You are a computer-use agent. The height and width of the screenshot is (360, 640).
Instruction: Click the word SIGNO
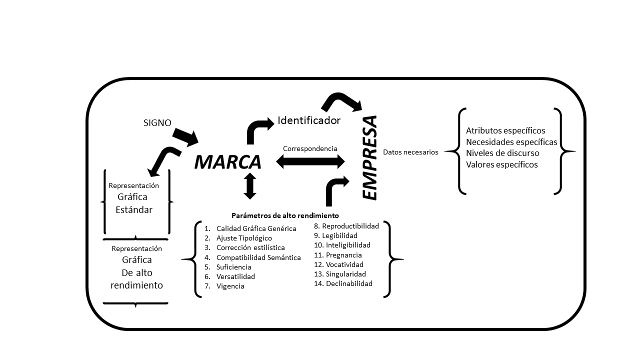(157, 122)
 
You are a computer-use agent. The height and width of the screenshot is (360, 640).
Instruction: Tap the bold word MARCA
(227, 162)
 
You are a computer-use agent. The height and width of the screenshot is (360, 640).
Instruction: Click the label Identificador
(309, 120)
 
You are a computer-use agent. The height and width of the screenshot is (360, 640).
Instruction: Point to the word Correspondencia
(310, 148)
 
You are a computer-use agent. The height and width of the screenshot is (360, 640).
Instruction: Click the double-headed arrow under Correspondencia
(310, 161)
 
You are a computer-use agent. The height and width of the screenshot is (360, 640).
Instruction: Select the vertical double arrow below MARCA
(250, 186)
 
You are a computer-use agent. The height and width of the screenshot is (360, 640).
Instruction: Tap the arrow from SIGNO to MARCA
(186, 136)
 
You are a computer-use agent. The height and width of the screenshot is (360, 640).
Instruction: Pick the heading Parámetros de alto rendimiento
(285, 215)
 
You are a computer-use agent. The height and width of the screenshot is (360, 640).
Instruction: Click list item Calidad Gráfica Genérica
(256, 228)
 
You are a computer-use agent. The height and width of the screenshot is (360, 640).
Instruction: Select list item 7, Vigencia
(230, 286)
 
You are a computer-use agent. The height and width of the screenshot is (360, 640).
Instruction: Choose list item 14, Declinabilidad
(349, 283)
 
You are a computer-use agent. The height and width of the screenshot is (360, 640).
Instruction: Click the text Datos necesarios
(410, 152)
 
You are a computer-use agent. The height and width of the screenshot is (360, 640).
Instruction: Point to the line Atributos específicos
(505, 130)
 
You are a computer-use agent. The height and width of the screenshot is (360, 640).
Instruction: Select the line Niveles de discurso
(502, 153)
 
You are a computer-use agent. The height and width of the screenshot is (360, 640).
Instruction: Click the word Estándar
(134, 210)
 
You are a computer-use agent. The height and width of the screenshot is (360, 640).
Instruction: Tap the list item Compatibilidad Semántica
(258, 257)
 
